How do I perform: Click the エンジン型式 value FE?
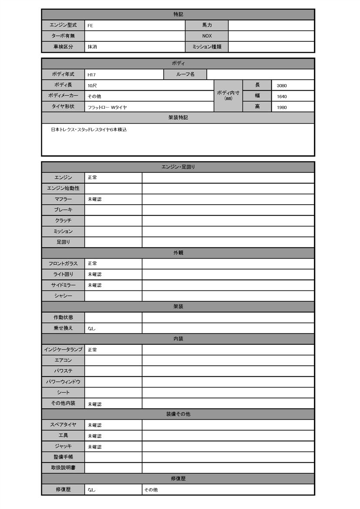[x=90, y=26]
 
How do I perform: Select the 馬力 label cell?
[x=207, y=25]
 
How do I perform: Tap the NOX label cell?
[x=207, y=36]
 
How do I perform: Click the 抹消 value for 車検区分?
[x=92, y=47]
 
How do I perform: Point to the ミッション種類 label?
[x=207, y=47]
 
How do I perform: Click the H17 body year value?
[x=91, y=75]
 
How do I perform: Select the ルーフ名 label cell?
[x=185, y=74]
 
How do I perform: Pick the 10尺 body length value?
[x=92, y=86]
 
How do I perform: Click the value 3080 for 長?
[x=282, y=86]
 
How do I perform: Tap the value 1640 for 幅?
[x=282, y=97]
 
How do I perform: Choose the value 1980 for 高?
[x=282, y=107]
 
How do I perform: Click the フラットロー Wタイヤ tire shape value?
[x=107, y=107]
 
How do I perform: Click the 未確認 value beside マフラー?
[x=94, y=199]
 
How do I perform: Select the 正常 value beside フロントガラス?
[x=92, y=264]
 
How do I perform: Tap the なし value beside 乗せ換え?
[x=91, y=328]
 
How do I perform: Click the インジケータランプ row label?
[x=63, y=350]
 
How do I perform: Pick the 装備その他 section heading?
[x=178, y=414]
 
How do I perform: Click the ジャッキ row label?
[x=63, y=446]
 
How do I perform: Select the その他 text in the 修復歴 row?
[x=151, y=490]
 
